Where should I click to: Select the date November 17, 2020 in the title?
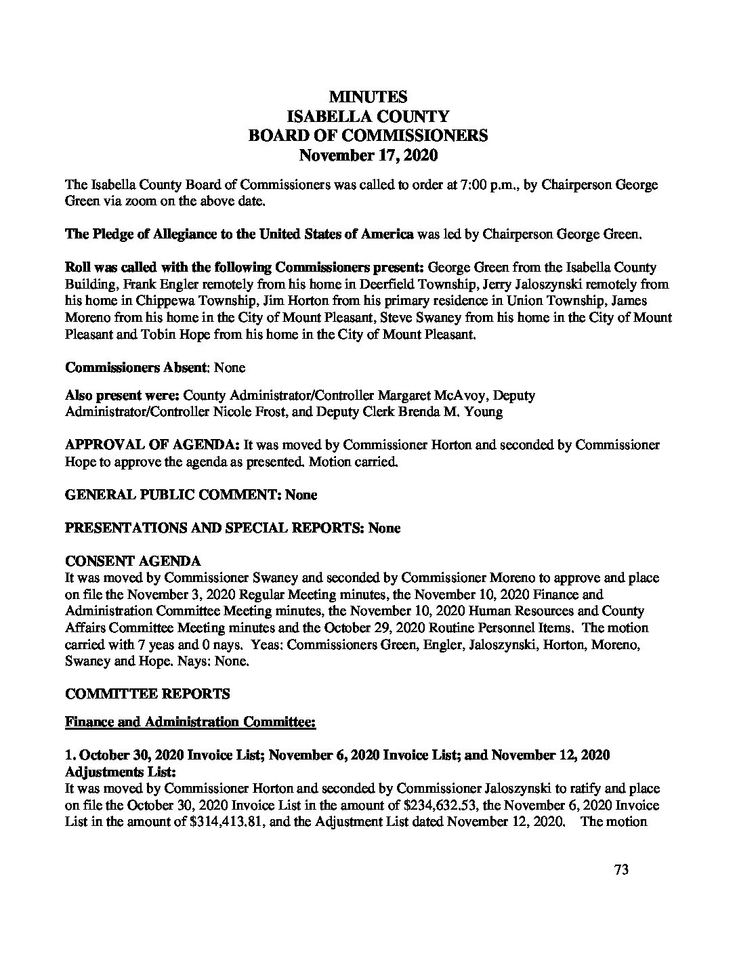click(368, 155)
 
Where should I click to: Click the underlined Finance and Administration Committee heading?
click(190, 722)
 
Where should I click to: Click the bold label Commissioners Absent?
click(135, 367)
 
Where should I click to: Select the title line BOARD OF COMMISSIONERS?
click(368, 136)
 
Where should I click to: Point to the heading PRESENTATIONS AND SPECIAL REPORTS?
click(215, 528)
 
